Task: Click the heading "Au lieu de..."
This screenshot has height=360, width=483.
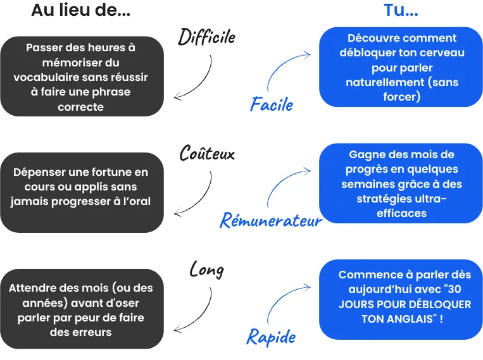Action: point(80,10)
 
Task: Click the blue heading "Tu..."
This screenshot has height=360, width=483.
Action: point(401,10)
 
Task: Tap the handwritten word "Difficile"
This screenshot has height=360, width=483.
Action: point(207,37)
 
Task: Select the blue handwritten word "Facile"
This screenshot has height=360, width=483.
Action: point(272,104)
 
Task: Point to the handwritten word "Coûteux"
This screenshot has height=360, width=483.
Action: point(207,152)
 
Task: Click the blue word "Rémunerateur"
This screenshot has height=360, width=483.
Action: point(271,220)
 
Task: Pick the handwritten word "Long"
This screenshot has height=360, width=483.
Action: point(207,270)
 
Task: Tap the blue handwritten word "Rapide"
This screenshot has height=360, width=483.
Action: point(271,337)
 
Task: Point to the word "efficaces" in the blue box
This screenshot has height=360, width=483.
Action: point(402,213)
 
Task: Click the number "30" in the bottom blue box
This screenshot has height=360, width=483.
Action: point(455,289)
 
